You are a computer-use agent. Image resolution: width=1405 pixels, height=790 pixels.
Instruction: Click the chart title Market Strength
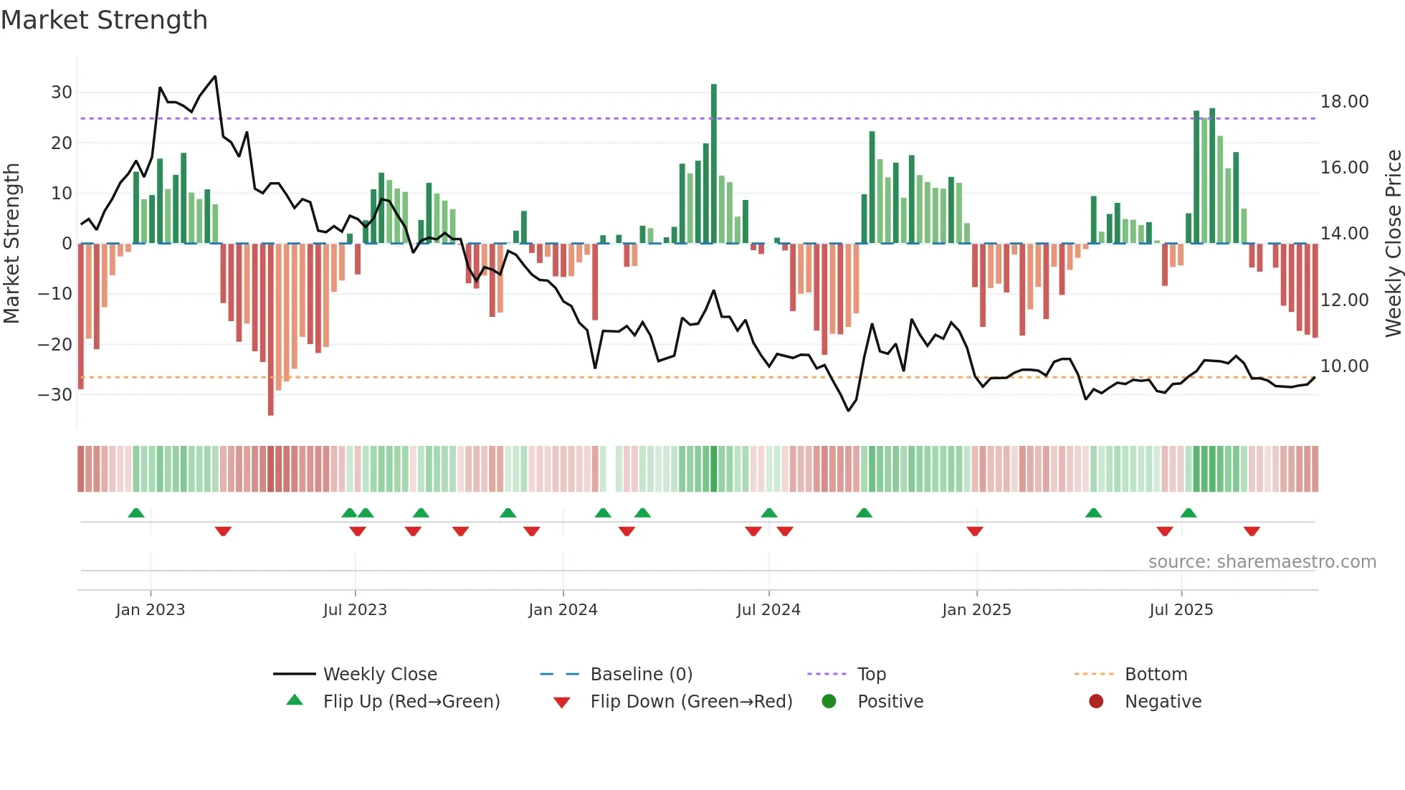point(104,20)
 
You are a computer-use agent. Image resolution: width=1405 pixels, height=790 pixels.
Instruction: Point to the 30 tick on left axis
point(62,92)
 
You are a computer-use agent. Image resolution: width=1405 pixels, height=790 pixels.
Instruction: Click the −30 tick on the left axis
point(56,394)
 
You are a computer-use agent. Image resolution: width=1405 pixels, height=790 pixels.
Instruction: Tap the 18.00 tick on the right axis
point(1344,102)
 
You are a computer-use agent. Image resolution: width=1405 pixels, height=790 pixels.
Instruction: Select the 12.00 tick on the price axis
point(1344,300)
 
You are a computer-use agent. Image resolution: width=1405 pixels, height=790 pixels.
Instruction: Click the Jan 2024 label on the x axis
point(563,610)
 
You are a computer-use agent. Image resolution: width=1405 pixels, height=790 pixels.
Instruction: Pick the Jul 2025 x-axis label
point(1181,610)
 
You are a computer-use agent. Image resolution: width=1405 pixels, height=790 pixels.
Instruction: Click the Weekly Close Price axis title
point(1393,244)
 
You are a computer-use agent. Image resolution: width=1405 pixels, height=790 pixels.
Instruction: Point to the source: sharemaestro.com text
point(1262,562)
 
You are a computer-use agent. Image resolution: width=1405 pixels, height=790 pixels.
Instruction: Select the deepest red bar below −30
point(270,330)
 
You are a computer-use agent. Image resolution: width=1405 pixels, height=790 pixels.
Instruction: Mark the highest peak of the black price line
point(215,77)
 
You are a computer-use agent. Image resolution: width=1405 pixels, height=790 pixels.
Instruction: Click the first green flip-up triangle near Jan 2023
point(136,513)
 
